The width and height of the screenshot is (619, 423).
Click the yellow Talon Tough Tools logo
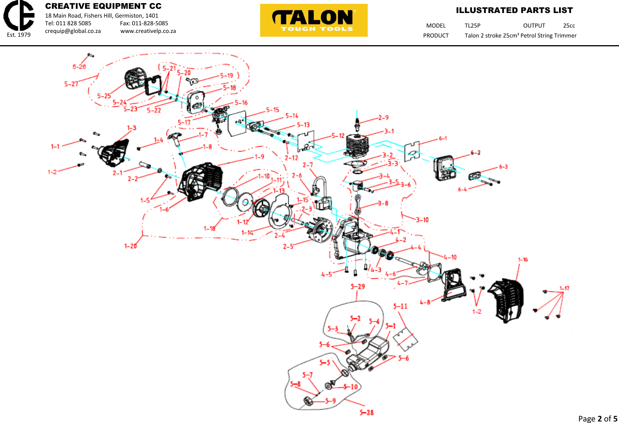click(314, 20)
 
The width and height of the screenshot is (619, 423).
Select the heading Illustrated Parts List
click(514, 10)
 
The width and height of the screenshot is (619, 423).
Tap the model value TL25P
click(472, 26)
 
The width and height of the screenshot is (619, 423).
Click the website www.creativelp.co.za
click(148, 31)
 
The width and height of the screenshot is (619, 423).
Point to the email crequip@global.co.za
click(73, 31)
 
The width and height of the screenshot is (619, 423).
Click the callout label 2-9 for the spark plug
click(383, 118)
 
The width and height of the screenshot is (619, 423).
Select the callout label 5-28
click(367, 412)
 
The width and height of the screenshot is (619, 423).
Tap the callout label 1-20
click(131, 246)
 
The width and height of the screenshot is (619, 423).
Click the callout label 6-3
click(503, 167)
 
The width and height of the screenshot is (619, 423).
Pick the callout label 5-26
click(79, 67)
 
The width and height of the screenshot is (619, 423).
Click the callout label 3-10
click(422, 220)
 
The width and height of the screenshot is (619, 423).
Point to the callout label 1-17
click(564, 288)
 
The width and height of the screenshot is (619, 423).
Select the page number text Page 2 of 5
click(597, 418)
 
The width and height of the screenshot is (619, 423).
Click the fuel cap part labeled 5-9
click(308, 402)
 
